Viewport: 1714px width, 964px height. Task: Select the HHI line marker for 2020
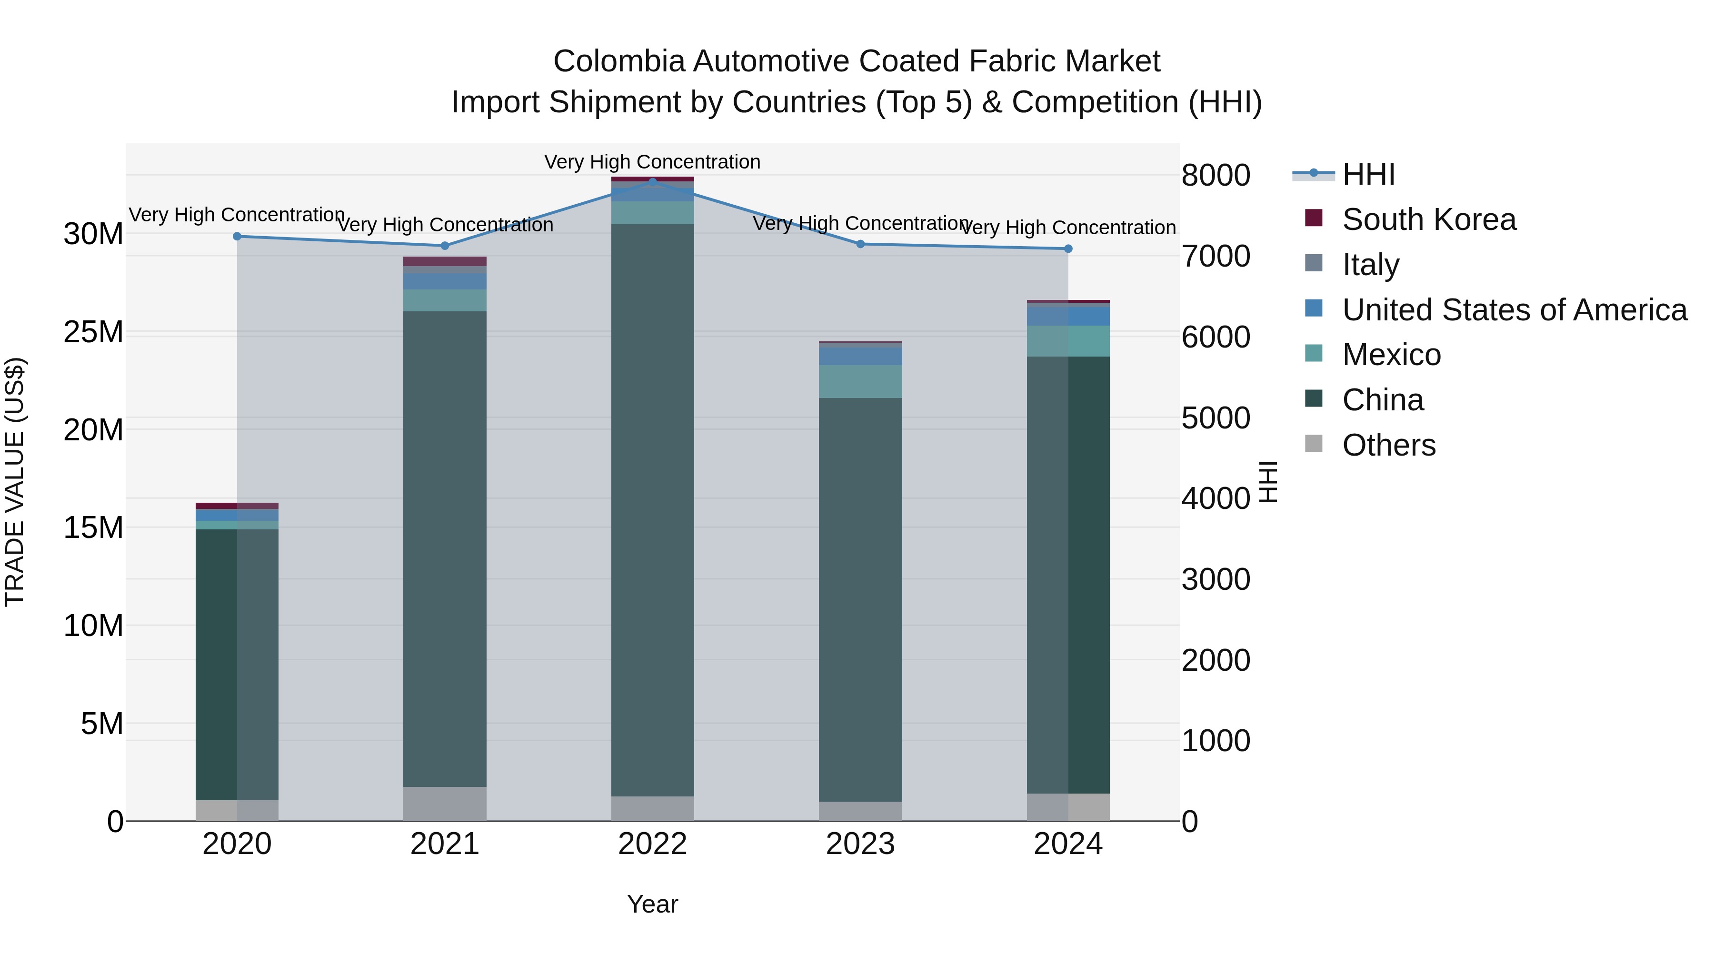tap(237, 236)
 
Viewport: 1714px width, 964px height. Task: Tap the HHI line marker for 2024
tap(1068, 249)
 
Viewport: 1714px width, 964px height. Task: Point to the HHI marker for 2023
tap(860, 244)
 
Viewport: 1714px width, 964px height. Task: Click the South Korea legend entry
tap(1428, 219)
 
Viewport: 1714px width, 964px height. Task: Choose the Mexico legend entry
tap(1391, 355)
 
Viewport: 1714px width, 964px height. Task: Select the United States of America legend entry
tap(1514, 310)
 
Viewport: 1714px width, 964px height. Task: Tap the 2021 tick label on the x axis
tap(445, 844)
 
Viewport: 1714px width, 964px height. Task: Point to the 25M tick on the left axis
tap(93, 332)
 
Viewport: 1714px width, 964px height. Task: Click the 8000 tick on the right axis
tap(1216, 176)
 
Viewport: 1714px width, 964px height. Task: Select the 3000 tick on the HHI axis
tap(1216, 579)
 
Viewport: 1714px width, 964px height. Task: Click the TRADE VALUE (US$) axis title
tap(15, 482)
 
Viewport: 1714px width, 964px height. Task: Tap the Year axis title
tap(652, 904)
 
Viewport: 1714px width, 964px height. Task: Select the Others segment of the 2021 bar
tap(445, 804)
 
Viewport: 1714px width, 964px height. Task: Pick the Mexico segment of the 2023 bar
tap(860, 381)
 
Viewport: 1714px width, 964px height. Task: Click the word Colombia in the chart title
tap(619, 61)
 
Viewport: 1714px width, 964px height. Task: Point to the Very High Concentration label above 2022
tap(652, 162)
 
